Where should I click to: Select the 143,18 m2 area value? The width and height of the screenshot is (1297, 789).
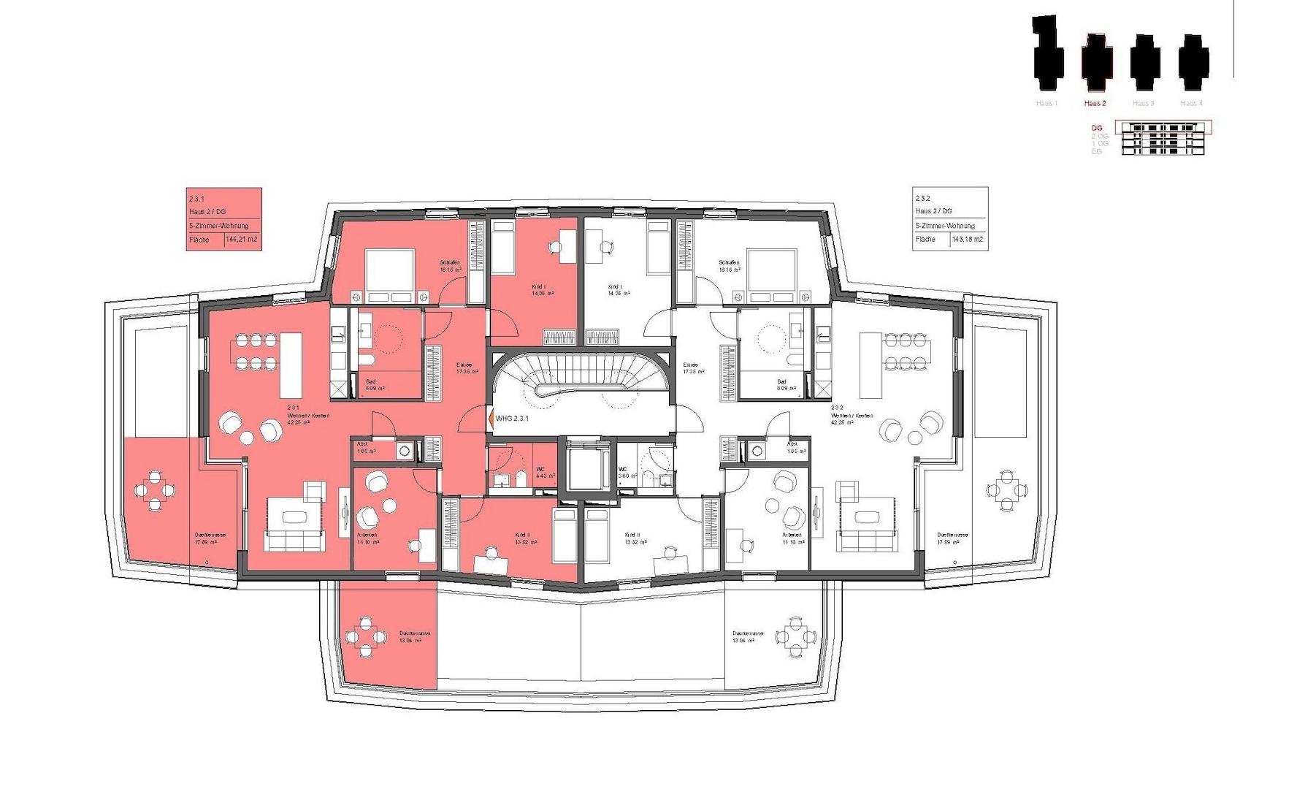pyautogui.click(x=968, y=239)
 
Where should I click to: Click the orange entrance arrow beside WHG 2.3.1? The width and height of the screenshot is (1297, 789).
pyautogui.click(x=490, y=419)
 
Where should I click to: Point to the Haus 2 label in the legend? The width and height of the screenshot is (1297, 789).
pyautogui.click(x=1095, y=103)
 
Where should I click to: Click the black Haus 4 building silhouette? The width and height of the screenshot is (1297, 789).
pyautogui.click(x=1193, y=58)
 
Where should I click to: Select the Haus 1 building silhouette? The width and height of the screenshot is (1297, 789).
pyautogui.click(x=1047, y=51)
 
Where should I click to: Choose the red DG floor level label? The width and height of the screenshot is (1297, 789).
pyautogui.click(x=1096, y=128)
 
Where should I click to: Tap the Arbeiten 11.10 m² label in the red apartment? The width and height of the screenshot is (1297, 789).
pyautogui.click(x=367, y=539)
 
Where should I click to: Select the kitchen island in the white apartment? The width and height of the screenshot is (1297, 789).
pyautogui.click(x=871, y=365)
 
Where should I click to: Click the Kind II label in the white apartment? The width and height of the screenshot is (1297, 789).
pyautogui.click(x=632, y=538)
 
